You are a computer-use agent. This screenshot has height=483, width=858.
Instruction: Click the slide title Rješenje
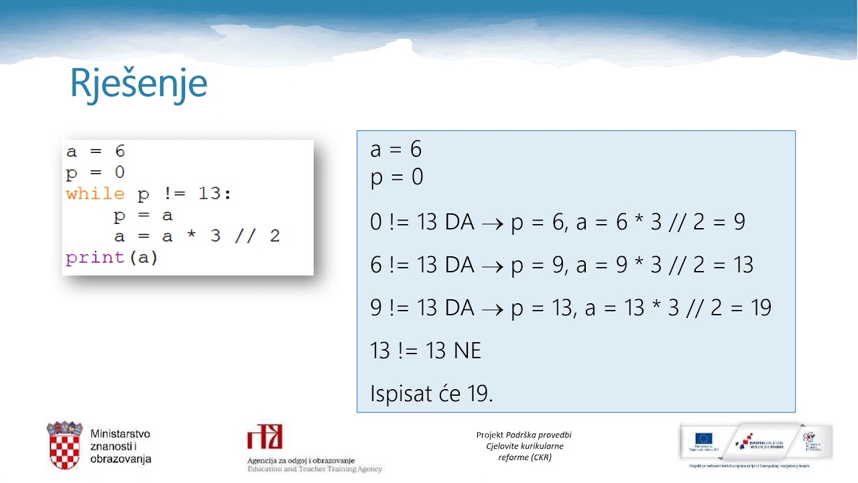point(139,84)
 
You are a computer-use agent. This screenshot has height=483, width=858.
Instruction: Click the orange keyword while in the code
point(95,195)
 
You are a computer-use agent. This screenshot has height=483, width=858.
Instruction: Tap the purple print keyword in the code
point(95,258)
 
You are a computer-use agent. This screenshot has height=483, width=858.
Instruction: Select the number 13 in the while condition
point(212,195)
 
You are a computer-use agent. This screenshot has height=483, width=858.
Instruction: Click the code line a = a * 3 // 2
point(197,236)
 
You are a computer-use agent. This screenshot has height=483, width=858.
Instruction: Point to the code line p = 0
point(95,173)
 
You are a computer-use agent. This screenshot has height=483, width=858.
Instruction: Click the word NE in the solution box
point(467,350)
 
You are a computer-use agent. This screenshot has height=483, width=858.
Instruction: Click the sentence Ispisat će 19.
point(431,394)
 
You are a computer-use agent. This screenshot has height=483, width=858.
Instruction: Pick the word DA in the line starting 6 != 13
point(459,266)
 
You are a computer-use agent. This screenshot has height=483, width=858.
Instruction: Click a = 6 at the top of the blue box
point(395,150)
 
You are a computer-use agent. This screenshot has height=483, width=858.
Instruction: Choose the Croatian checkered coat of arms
point(64,445)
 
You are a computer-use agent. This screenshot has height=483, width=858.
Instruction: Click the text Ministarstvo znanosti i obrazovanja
point(121,447)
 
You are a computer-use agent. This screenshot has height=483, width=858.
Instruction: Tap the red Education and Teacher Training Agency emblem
point(265,437)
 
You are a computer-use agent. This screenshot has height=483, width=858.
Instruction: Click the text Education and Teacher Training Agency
point(314,470)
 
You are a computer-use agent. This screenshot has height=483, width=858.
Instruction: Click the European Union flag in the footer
point(703,439)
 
